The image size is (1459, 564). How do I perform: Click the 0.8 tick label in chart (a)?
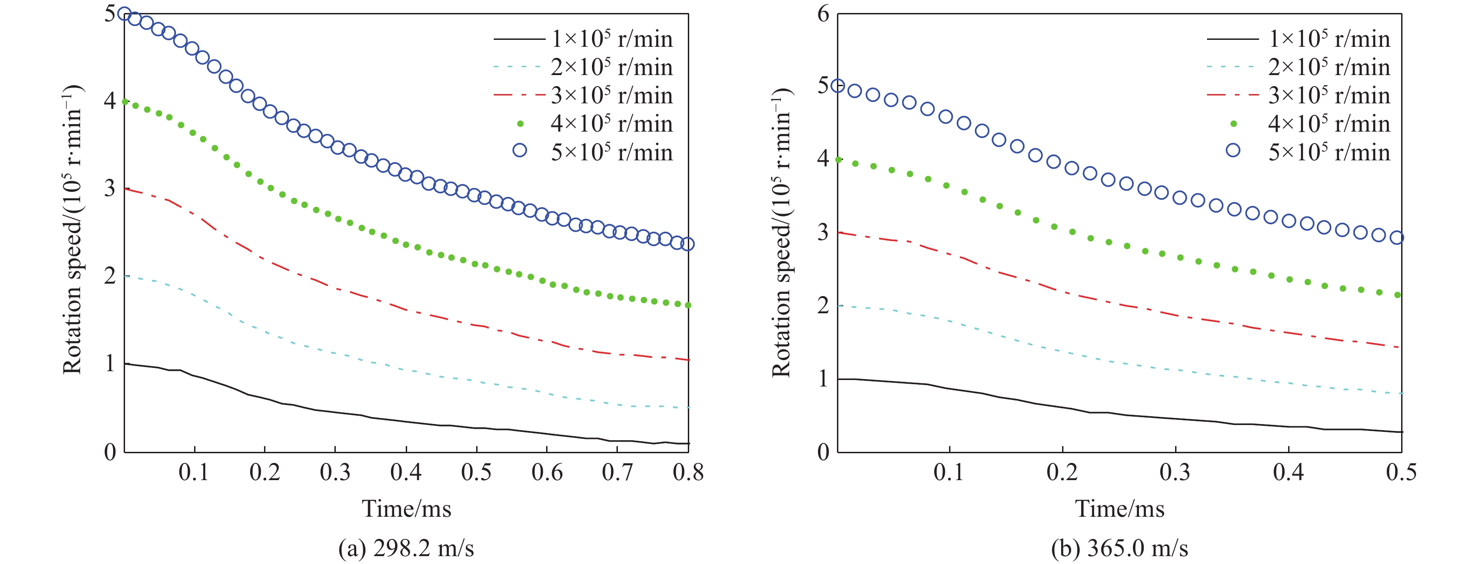pyautogui.click(x=688, y=472)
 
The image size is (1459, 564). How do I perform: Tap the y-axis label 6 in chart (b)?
pyautogui.click(x=823, y=13)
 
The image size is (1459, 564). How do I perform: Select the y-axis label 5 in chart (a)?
pyautogui.click(x=110, y=13)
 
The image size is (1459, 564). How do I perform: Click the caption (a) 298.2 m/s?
pyautogui.click(x=406, y=548)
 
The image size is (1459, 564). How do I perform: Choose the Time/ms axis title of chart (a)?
pyautogui.click(x=407, y=508)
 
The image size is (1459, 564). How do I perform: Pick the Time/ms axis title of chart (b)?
pyautogui.click(x=1120, y=508)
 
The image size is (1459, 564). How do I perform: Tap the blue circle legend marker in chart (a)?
pyautogui.click(x=519, y=150)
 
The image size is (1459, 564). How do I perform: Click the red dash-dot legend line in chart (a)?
pyautogui.click(x=518, y=95)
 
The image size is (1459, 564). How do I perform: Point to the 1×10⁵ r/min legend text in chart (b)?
pyautogui.click(x=1329, y=39)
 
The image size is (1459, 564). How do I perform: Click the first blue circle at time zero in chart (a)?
pyautogui.click(x=125, y=13)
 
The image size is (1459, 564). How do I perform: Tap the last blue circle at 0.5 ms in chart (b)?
pyautogui.click(x=1396, y=237)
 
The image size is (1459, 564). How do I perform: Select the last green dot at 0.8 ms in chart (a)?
pyautogui.click(x=688, y=305)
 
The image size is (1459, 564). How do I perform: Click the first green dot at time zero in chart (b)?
pyautogui.click(x=838, y=160)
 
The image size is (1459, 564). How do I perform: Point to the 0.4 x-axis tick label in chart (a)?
pyautogui.click(x=406, y=472)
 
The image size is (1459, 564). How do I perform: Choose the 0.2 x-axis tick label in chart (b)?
pyautogui.click(x=1062, y=472)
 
